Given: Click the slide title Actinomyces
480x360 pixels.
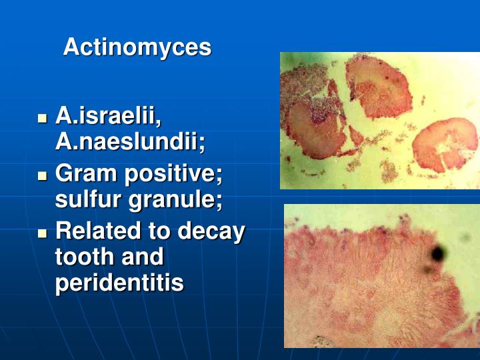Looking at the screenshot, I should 137,47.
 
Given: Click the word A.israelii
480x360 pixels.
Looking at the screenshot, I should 109,116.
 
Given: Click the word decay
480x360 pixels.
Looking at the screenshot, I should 211,231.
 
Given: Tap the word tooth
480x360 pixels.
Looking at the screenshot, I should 82,257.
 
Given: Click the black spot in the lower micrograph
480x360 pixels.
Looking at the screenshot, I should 438,253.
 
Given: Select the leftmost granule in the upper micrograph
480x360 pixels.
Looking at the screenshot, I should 313,127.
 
